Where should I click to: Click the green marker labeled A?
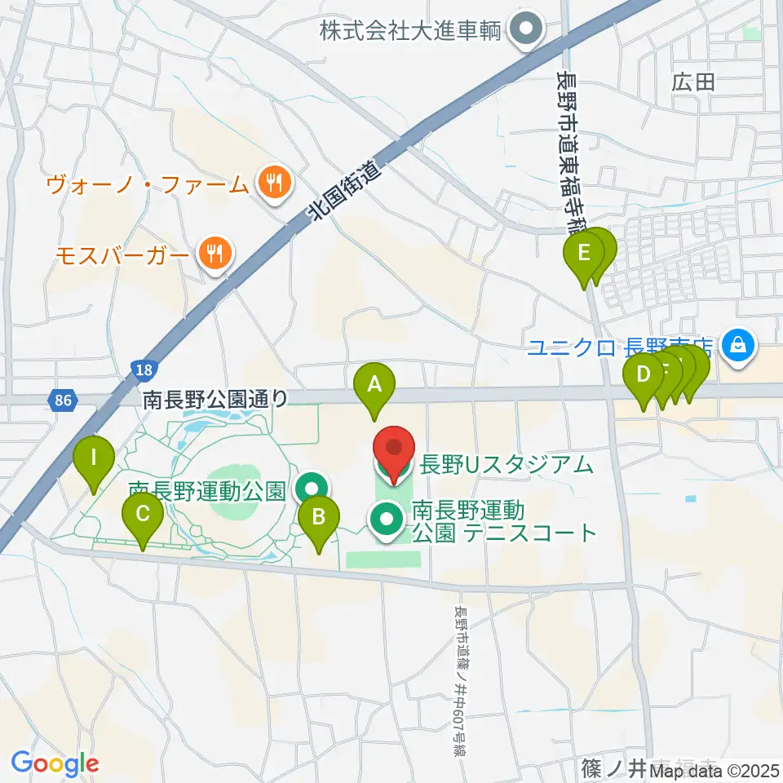point(374,385)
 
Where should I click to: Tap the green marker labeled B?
point(318,517)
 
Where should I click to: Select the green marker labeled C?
point(143,515)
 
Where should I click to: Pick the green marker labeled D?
point(643,377)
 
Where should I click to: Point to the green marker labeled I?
point(94,458)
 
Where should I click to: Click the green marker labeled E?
point(584,254)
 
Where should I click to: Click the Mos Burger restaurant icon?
point(215,253)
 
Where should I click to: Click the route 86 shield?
point(63,400)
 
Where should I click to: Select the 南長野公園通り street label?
point(215,400)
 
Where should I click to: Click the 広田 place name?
point(693,82)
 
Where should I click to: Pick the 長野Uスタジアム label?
point(506,466)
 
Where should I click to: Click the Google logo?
point(55,763)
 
